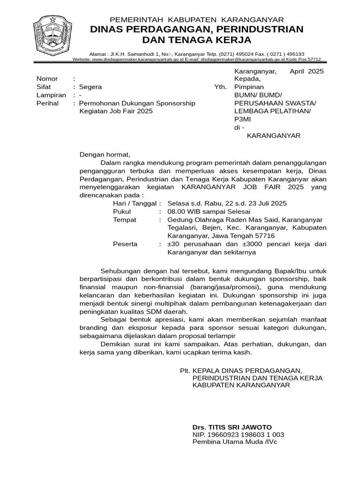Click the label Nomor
[x=47, y=79]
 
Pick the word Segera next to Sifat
[x=90, y=87]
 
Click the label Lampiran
[x=51, y=95]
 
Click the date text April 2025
[x=307, y=71]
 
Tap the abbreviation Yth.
[x=220, y=87]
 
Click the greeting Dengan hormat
[x=105, y=154]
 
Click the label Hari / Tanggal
[x=136, y=203]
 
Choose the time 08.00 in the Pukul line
[x=177, y=211]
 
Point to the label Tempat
[x=125, y=219]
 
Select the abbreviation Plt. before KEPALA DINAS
[x=185, y=370]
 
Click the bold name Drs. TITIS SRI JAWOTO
[x=232, y=427]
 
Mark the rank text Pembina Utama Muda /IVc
[x=235, y=442]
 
